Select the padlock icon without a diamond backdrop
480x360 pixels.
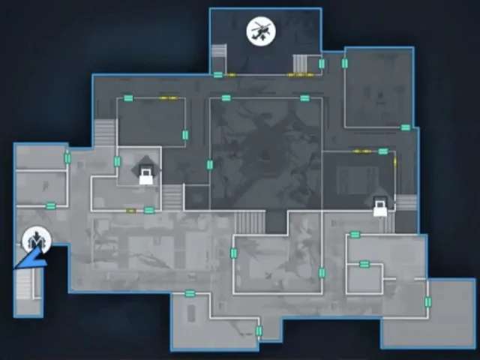(381, 206)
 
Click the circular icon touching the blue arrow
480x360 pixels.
(33, 240)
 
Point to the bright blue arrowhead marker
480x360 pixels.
(30, 260)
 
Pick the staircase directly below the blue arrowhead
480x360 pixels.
(27, 285)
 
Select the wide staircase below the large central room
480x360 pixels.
(250, 221)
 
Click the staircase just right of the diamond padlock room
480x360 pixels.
(172, 197)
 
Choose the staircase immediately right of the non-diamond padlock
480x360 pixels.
(406, 202)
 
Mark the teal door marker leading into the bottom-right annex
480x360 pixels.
(428, 301)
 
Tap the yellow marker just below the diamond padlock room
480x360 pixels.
(132, 211)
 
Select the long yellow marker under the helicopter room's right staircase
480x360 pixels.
(299, 75)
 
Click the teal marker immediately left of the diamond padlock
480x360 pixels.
(117, 161)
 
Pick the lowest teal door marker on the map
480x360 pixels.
(259, 331)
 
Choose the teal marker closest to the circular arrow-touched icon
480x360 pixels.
(51, 206)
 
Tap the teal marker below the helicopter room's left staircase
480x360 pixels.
(217, 74)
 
